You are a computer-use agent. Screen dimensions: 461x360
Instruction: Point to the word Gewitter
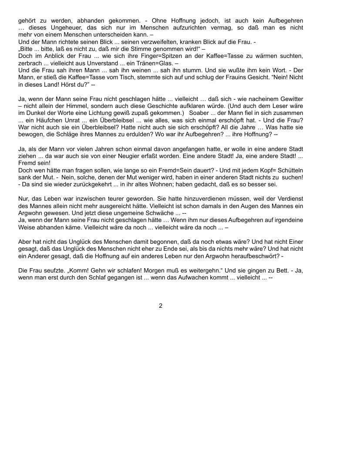point(289,99)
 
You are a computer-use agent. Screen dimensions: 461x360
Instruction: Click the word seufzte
point(52,270)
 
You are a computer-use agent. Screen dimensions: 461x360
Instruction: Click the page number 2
point(161,306)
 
